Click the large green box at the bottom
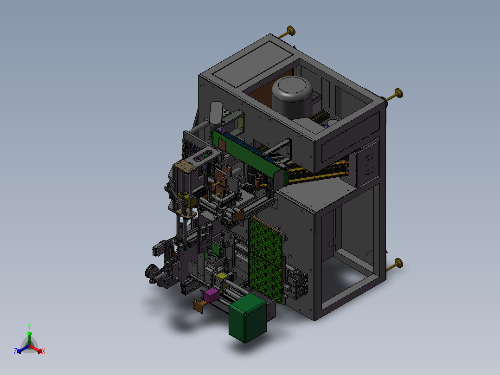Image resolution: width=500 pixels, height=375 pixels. point(248,317)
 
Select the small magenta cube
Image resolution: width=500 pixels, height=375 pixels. point(211,295)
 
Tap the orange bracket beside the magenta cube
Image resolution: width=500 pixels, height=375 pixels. point(199,306)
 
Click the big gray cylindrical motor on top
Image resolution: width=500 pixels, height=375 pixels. point(292,97)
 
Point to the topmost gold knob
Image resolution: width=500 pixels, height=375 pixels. point(290,31)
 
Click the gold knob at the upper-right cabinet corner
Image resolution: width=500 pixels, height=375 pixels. point(398,93)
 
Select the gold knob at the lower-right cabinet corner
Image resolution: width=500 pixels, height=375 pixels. point(398,264)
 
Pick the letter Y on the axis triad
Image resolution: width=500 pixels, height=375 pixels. point(29,326)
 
